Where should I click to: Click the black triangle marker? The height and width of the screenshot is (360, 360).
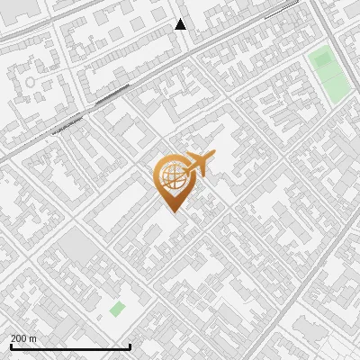tap(180, 24)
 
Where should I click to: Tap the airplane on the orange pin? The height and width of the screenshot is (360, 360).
tap(197, 165)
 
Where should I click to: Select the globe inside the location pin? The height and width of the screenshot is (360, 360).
tap(171, 177)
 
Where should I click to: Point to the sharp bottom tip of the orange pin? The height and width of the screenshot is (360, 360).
tap(171, 211)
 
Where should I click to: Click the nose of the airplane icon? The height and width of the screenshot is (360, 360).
tap(212, 157)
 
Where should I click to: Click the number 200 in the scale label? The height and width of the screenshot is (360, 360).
tap(19, 338)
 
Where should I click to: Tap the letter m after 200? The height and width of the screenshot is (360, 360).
tap(33, 338)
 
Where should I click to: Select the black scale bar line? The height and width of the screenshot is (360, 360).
tap(70, 346)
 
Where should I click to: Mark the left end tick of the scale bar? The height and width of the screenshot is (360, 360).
tap(11, 346)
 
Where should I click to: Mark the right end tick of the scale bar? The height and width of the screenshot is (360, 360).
tap(130, 346)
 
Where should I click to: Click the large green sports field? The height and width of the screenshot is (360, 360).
tap(328, 72)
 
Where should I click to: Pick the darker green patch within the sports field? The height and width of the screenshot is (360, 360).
tap(321, 61)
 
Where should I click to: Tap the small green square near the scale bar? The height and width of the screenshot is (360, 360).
tap(117, 309)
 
